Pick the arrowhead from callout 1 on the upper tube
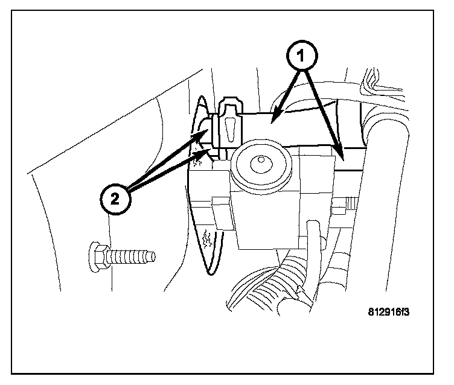pos(275,113)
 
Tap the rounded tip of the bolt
pos(153,256)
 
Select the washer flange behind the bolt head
pos(106,256)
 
